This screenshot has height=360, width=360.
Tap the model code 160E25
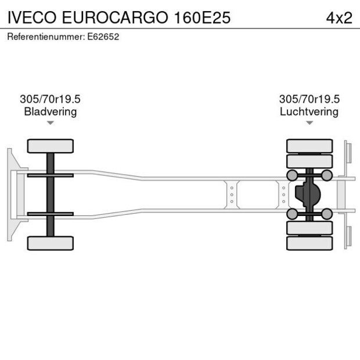coord(202,17)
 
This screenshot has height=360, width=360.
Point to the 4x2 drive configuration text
coord(339,17)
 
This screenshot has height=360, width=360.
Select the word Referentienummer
coord(46,37)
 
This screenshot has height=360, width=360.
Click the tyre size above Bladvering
coord(50,99)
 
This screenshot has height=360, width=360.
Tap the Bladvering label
coord(50,111)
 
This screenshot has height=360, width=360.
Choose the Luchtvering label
coord(309,111)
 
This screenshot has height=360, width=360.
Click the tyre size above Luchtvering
coord(309,99)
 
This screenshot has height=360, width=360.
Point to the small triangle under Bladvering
coord(51,123)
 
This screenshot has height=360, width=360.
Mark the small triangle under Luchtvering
coord(309,123)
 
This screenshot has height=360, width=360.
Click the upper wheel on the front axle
coord(51,146)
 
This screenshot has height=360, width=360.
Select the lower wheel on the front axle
coord(51,243)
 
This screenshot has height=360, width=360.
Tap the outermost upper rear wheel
coord(309,146)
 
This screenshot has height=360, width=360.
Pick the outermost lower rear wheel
coord(309,243)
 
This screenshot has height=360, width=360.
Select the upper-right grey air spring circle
coord(327,175)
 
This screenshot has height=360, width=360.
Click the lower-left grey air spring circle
coord(292,214)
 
